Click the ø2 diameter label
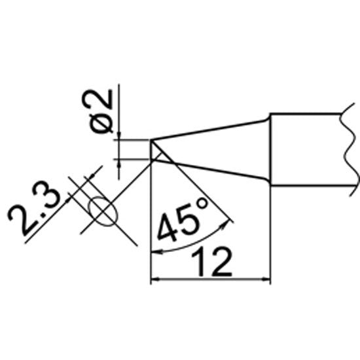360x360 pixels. pyautogui.click(x=101, y=111)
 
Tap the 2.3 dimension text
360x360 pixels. pyautogui.click(x=35, y=207)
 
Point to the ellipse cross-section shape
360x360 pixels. pyautogui.click(x=103, y=211)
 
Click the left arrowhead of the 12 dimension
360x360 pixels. pyautogui.click(x=155, y=279)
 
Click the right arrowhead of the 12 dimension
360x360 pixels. pyautogui.click(x=266, y=279)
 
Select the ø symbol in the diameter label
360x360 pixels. pyautogui.click(x=101, y=124)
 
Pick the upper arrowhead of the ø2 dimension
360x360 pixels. pyautogui.click(x=118, y=135)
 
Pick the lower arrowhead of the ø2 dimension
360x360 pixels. pyautogui.click(x=118, y=163)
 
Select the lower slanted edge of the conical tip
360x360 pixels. pyautogui.click(x=211, y=170)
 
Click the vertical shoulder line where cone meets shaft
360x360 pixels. pyautogui.click(x=270, y=149)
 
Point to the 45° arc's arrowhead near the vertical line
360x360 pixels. pyautogui.click(x=156, y=252)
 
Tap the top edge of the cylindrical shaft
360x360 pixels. pyautogui.click(x=306, y=113)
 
